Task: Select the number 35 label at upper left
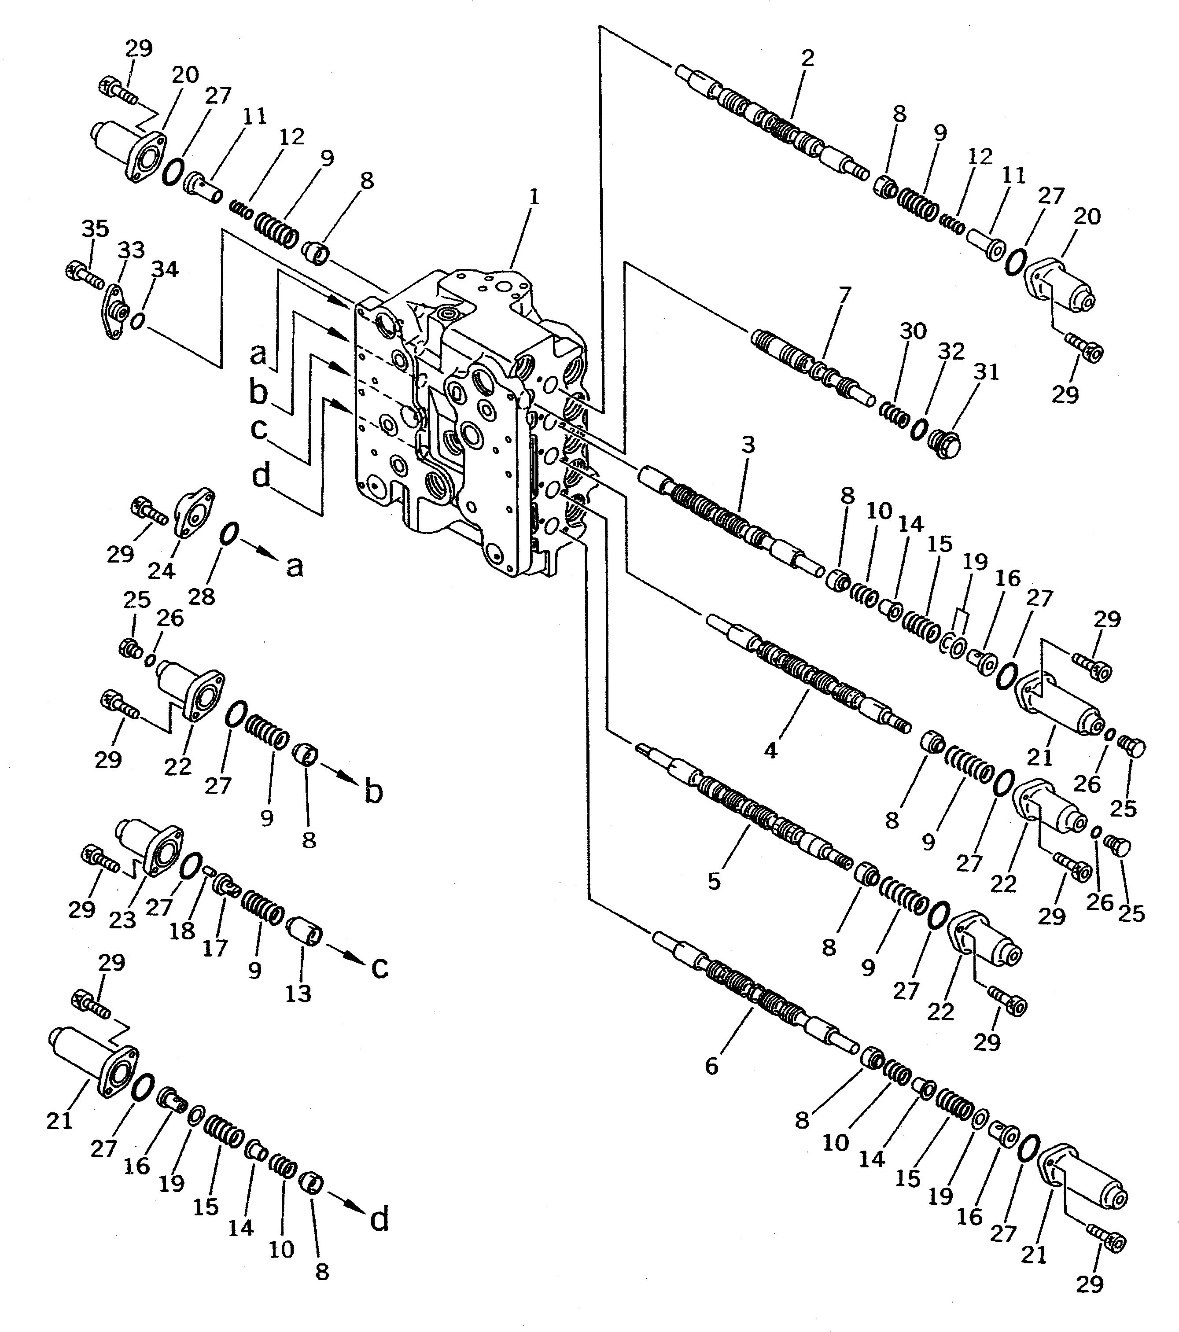[x=95, y=229]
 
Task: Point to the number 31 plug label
[x=986, y=372]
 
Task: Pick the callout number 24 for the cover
[x=161, y=571]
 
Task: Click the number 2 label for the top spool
[x=807, y=58]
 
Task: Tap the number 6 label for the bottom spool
[x=712, y=1066]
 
